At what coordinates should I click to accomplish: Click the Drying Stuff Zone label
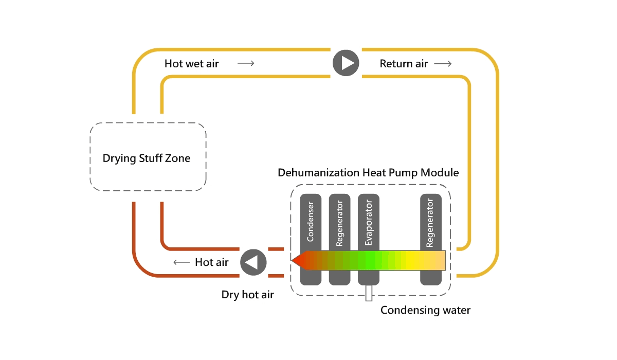click(147, 158)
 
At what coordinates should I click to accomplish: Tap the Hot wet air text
click(191, 64)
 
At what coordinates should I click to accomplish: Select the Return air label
click(404, 64)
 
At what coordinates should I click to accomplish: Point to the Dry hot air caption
click(247, 295)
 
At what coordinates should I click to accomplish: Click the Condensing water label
click(425, 310)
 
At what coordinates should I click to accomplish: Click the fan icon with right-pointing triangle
click(346, 63)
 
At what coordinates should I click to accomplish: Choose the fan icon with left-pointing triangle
click(253, 262)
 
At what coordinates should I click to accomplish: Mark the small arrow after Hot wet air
click(246, 64)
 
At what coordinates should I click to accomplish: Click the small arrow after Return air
click(443, 64)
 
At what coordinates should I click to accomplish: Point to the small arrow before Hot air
click(182, 262)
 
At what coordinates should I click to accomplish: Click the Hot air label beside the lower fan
click(211, 262)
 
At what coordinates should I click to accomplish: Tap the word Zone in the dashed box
click(177, 158)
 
